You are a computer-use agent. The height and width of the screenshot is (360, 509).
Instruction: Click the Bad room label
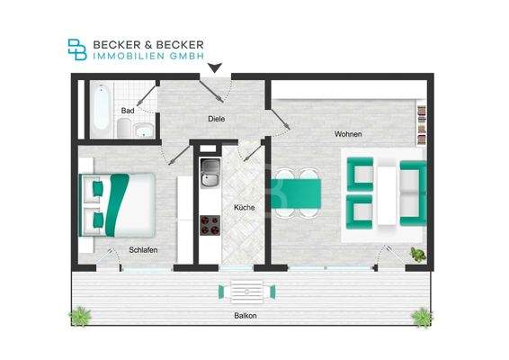[x=128, y=111]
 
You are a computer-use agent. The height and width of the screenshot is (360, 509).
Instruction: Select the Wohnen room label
[x=348, y=134]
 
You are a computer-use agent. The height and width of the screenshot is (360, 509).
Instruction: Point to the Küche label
[x=244, y=208]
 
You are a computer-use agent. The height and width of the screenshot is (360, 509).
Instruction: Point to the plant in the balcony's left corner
[x=81, y=315]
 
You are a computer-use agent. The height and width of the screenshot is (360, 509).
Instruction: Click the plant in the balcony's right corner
[x=420, y=315]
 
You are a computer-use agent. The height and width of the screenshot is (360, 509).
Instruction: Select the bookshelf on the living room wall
[x=420, y=124]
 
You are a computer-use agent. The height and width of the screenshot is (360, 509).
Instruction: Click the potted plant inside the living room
[x=418, y=255]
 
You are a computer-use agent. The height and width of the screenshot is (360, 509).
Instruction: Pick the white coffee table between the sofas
[x=387, y=192]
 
